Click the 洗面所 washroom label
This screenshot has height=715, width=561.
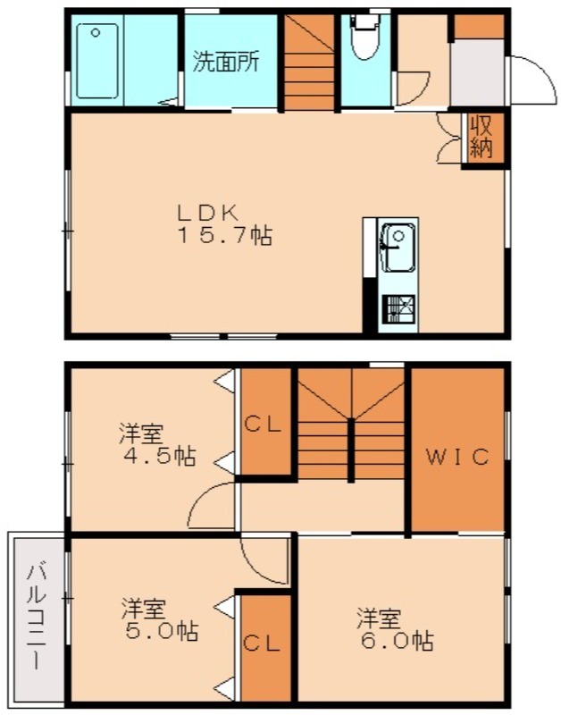pos(227,62)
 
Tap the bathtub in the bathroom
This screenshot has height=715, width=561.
pos(96,61)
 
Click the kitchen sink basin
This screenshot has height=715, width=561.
pos(397,245)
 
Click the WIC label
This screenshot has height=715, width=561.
pos(456,458)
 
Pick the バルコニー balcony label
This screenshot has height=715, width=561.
pos(36,617)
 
